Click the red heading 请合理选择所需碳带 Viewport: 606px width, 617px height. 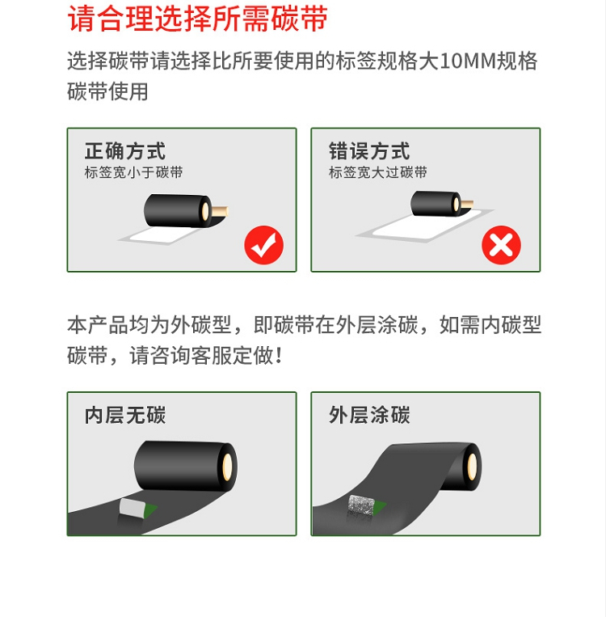(x=197, y=19)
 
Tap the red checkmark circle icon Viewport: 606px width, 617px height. (x=264, y=245)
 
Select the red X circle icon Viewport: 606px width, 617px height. (x=501, y=245)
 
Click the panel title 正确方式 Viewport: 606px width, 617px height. (x=125, y=151)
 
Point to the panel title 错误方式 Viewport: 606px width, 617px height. (x=369, y=151)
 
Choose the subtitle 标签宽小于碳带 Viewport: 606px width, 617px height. (x=133, y=172)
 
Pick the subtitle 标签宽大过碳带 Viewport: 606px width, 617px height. (x=378, y=172)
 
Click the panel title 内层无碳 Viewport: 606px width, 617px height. (x=125, y=415)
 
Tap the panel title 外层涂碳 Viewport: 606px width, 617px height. (x=369, y=415)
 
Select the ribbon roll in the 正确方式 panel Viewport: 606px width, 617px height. (x=186, y=210)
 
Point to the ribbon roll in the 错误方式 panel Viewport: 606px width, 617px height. (x=442, y=204)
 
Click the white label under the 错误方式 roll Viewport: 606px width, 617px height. (x=426, y=226)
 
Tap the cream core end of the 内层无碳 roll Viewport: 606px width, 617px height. (x=228, y=467)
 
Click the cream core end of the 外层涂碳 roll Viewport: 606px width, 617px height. (x=472, y=467)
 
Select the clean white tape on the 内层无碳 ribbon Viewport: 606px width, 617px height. (x=131, y=507)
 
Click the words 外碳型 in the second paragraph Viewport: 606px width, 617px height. (x=201, y=325)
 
